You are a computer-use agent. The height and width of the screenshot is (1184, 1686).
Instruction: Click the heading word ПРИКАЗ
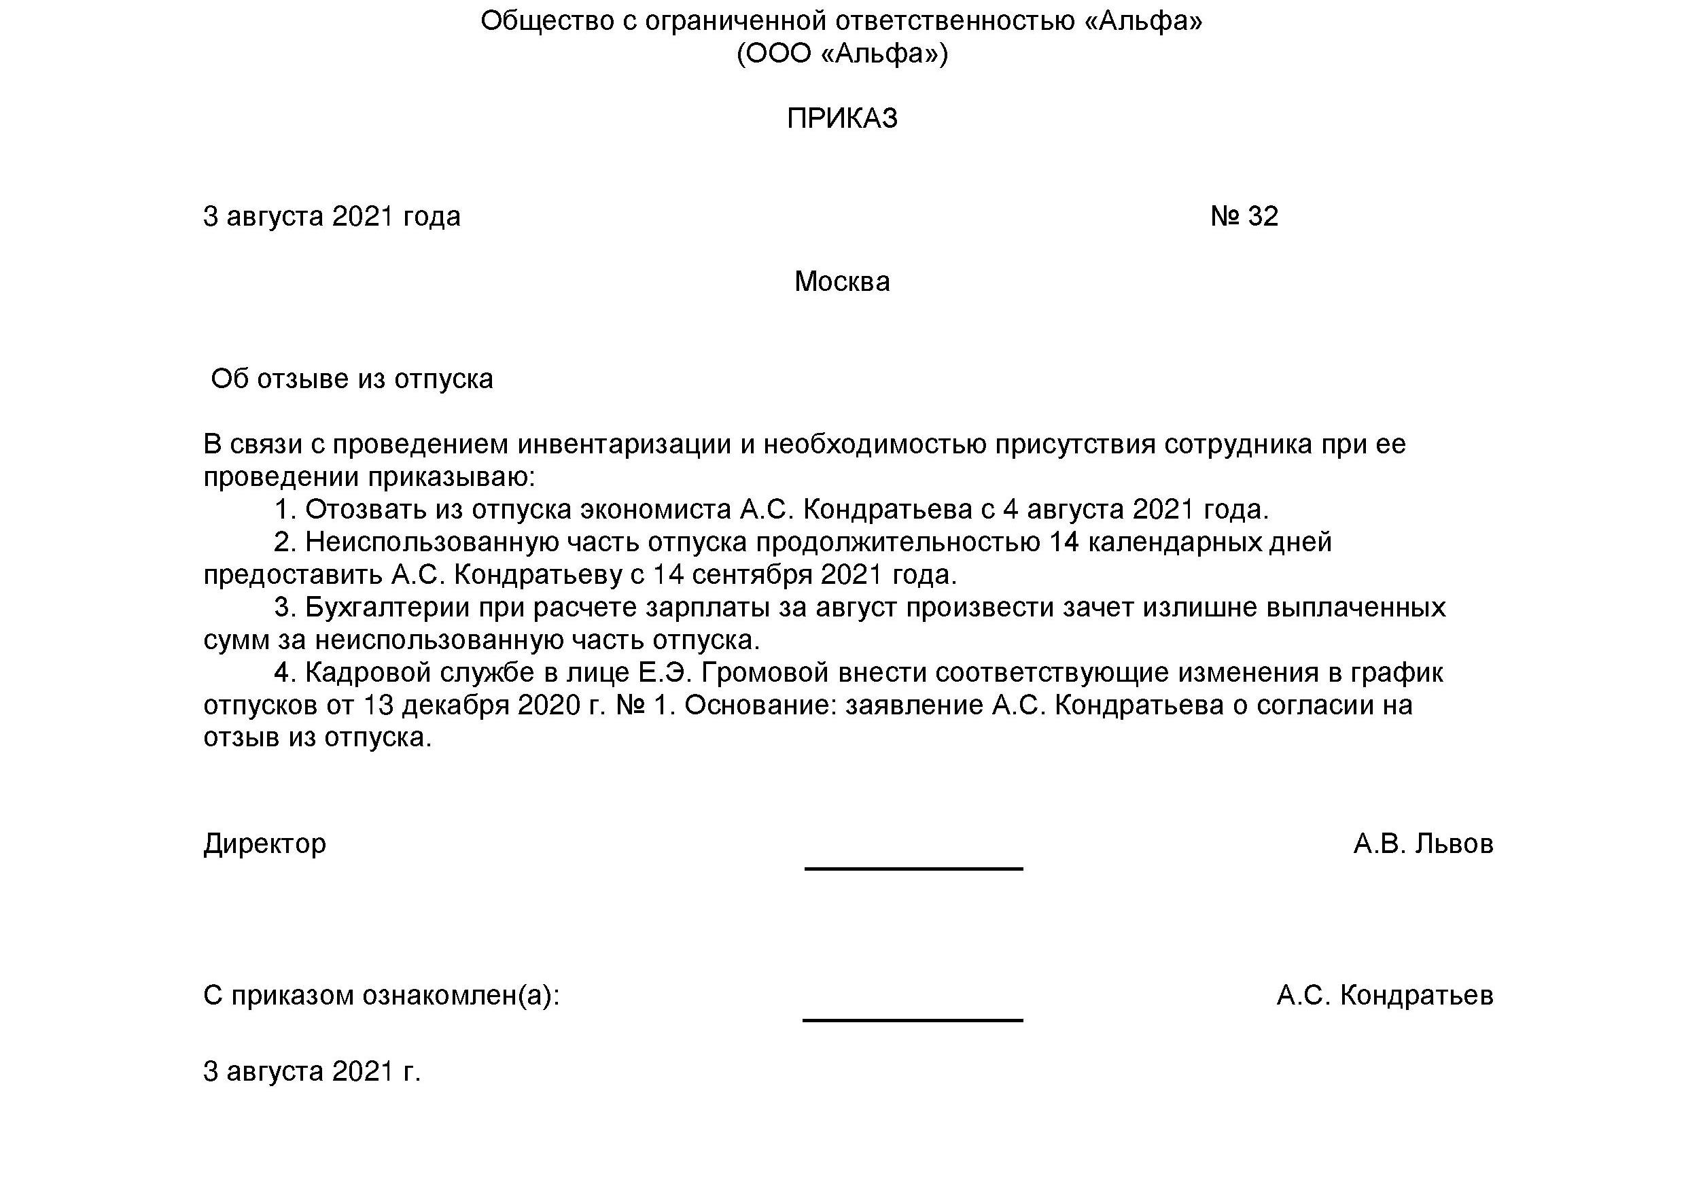click(842, 118)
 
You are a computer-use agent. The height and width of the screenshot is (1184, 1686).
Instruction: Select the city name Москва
click(841, 281)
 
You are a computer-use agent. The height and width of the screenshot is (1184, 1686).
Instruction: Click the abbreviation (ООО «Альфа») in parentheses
click(842, 54)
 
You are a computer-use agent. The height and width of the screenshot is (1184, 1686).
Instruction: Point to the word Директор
click(264, 843)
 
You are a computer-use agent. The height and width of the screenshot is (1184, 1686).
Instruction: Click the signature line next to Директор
click(913, 867)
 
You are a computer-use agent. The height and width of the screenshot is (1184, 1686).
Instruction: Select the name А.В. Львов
click(1422, 844)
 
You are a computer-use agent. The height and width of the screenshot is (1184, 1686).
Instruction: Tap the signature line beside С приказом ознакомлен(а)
click(913, 1020)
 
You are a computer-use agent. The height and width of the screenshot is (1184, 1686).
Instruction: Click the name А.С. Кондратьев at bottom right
click(1384, 995)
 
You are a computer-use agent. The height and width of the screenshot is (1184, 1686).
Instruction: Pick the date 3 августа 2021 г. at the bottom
click(312, 1072)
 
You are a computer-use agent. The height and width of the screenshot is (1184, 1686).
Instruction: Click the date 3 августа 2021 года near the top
click(332, 216)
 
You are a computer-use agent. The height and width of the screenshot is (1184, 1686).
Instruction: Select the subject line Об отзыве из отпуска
click(352, 379)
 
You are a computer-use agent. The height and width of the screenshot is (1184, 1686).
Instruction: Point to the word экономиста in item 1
click(656, 509)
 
